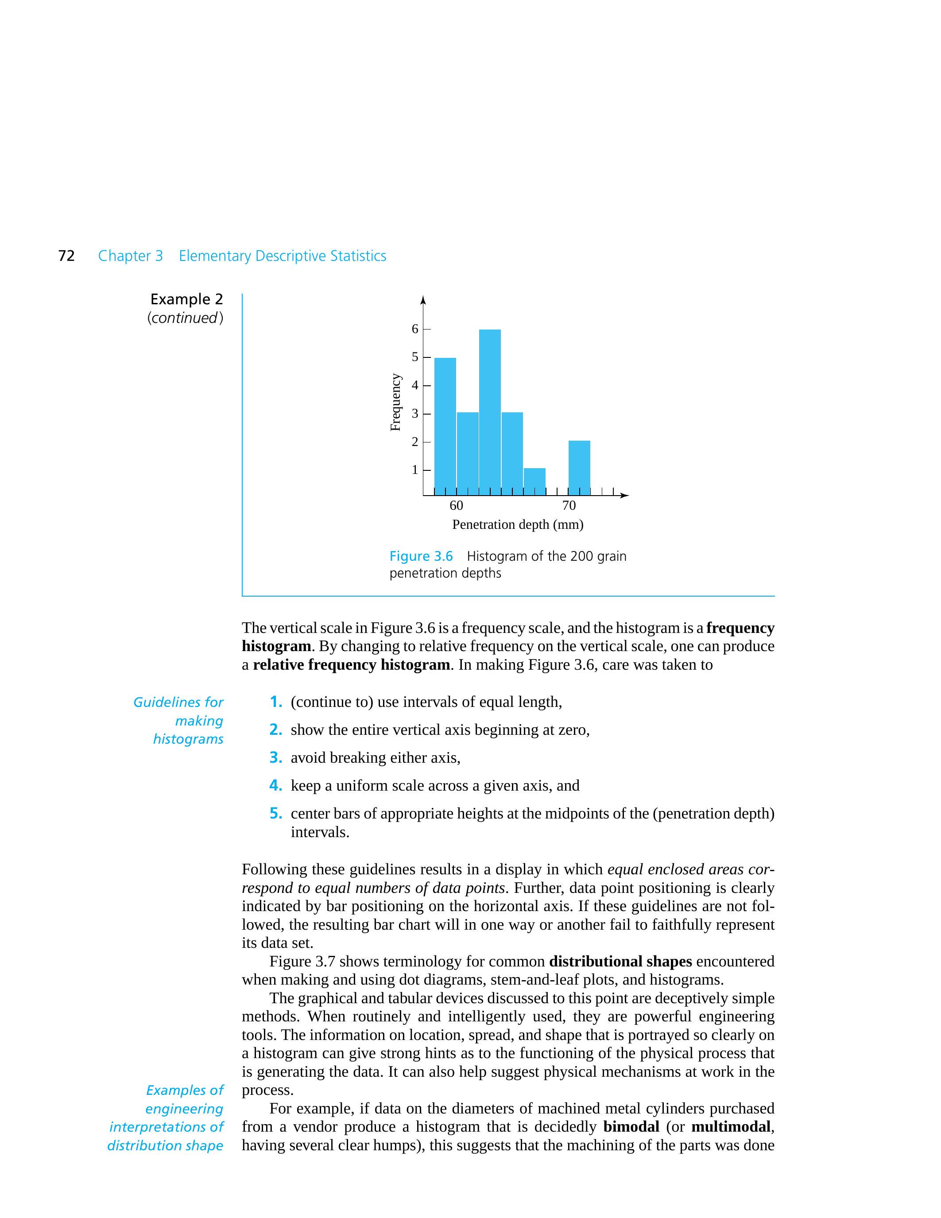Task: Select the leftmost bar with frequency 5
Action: coord(445,426)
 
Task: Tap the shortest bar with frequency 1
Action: coord(534,481)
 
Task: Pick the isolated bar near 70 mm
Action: coord(579,467)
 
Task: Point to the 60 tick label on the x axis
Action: coord(456,505)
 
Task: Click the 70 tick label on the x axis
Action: coord(569,505)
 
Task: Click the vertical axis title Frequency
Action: coord(395,402)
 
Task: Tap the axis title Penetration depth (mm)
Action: coord(517,525)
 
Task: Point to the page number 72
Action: coord(66,256)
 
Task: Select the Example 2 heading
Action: coord(186,299)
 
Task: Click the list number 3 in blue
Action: coord(275,757)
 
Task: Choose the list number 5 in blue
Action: coord(275,813)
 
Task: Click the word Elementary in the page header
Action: coord(215,256)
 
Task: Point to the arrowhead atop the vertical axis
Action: coord(423,301)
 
